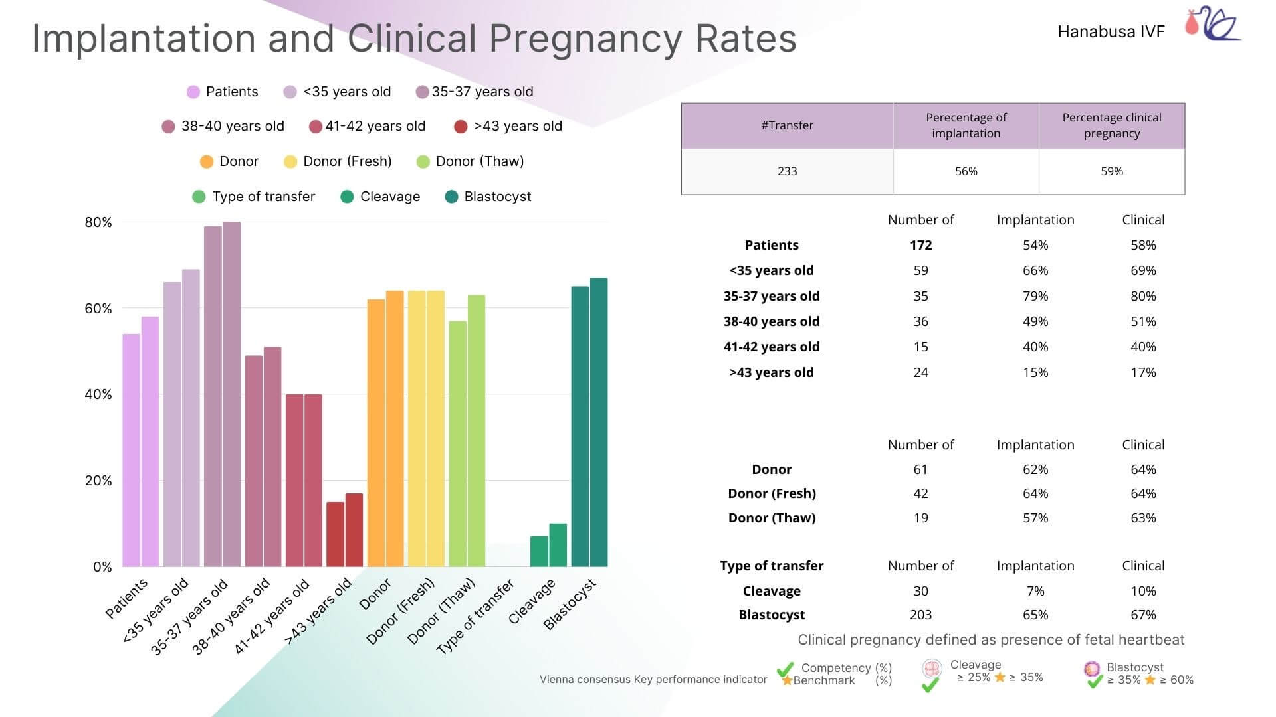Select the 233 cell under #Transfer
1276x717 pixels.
(x=787, y=171)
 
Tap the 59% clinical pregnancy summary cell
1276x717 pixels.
(x=1111, y=171)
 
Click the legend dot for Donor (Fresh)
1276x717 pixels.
(x=290, y=162)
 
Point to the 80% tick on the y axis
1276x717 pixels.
(x=98, y=222)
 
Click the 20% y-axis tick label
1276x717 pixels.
(x=98, y=481)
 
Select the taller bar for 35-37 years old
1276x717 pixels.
(x=232, y=394)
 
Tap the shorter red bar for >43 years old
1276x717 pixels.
(x=335, y=534)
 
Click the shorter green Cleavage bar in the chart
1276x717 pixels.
(x=539, y=551)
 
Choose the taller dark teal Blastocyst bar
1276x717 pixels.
(x=599, y=422)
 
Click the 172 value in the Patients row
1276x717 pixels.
(x=920, y=245)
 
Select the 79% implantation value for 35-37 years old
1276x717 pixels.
(x=1035, y=296)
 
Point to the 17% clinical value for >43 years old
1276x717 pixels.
(x=1143, y=372)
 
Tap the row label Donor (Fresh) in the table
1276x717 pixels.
(x=772, y=493)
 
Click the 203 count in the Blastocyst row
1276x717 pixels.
(x=920, y=615)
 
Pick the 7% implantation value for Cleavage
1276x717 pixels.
(x=1035, y=591)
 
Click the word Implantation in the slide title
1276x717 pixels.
(x=144, y=39)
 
